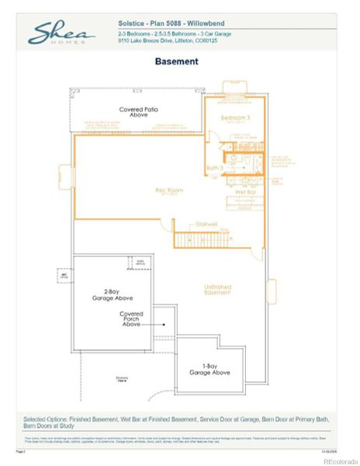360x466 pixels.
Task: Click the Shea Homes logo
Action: [x=62, y=33]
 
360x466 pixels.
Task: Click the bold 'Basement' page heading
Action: [x=176, y=61]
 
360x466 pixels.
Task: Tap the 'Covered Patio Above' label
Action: [x=139, y=112]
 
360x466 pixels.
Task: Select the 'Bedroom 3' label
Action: [x=236, y=118]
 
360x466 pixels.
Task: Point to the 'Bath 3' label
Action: [x=214, y=168]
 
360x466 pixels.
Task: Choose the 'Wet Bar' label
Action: [x=245, y=191]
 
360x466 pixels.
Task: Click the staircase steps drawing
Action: [x=195, y=239]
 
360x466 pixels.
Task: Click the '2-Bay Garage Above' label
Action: [x=104, y=294]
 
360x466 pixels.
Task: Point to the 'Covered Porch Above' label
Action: [x=131, y=318]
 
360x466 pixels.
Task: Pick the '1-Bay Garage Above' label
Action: [x=209, y=369]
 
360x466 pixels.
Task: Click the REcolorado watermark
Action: [x=336, y=459]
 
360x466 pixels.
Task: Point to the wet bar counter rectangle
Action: [x=247, y=204]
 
